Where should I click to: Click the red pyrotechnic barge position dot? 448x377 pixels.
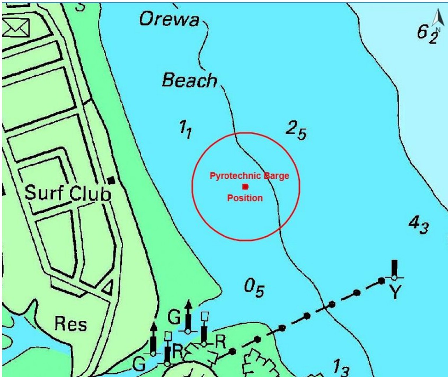coord(245,187)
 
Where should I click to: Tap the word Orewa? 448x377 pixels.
coord(169,20)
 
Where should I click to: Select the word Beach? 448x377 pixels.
coord(190,80)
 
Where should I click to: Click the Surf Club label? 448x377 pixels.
coord(68,193)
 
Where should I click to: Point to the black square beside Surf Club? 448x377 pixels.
coord(111,180)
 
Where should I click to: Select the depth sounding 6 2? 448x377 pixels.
coord(427,34)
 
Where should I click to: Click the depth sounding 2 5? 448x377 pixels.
coord(296,130)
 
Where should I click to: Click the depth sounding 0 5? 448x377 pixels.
coord(254,288)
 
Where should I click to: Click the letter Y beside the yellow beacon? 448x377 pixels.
coord(395,292)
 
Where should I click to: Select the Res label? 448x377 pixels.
coord(71,324)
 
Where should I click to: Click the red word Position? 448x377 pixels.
coord(245,198)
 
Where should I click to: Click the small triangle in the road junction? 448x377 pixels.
coord(108,288)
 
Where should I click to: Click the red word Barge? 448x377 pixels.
coord(276,176)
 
